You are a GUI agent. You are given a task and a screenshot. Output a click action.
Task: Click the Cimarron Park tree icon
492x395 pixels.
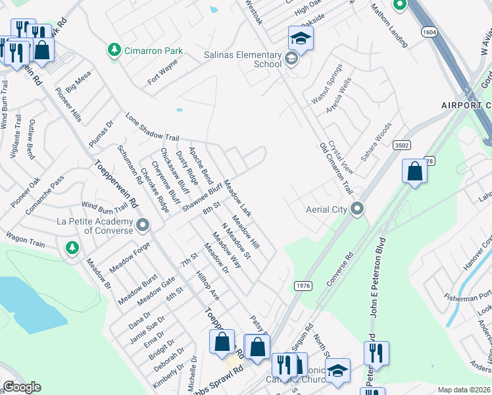click(x=114, y=49)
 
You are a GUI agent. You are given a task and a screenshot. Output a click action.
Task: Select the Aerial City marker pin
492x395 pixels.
click(x=357, y=209)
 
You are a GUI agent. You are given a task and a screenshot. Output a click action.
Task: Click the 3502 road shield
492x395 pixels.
click(x=401, y=145)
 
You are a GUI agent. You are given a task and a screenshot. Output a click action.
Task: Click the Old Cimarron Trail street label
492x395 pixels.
click(x=336, y=169)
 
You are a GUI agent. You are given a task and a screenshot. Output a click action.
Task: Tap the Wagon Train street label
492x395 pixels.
click(x=26, y=239)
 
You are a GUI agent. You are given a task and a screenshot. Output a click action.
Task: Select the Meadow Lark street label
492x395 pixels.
click(x=237, y=199)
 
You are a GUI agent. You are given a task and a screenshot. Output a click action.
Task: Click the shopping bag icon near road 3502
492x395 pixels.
click(x=414, y=171)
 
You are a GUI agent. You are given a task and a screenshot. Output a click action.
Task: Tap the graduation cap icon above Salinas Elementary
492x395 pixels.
click(x=301, y=38)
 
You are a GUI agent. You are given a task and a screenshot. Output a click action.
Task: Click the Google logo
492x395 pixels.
click(x=22, y=387)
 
